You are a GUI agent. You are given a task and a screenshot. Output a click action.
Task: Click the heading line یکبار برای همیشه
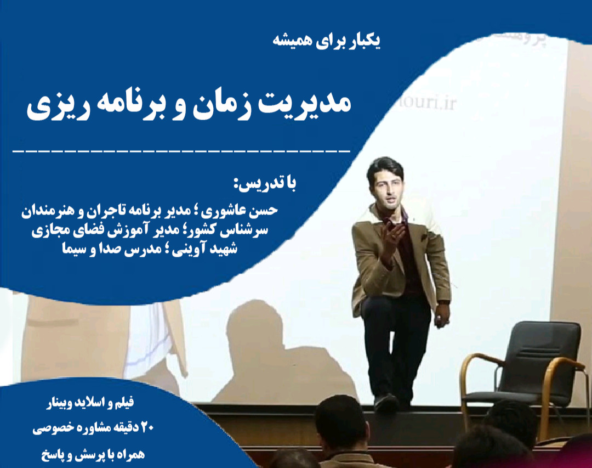click(x=327, y=42)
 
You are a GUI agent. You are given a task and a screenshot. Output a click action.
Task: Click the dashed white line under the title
click(x=181, y=149)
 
